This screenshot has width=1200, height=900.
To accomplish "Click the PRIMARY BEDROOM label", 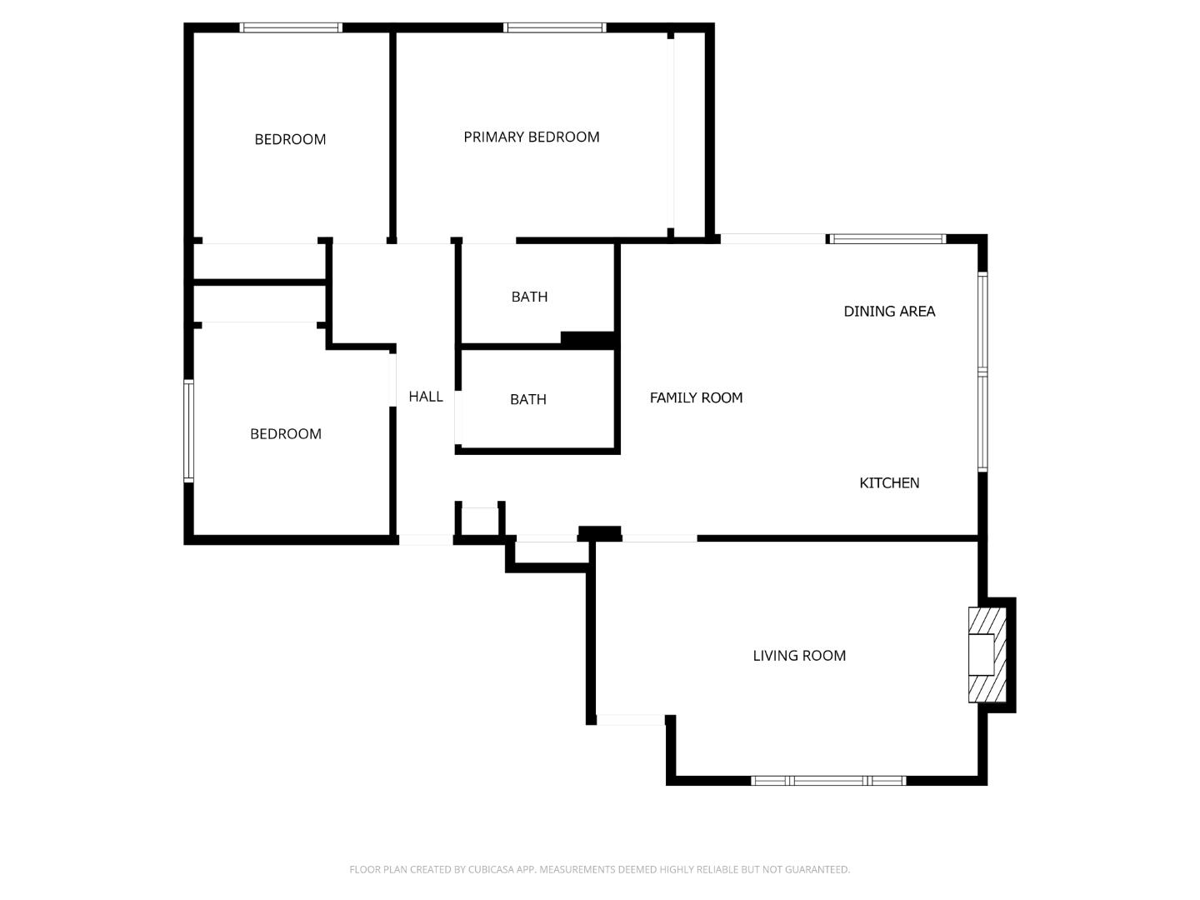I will pyautogui.click(x=532, y=137).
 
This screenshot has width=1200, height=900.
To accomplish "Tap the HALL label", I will pyautogui.click(x=426, y=397).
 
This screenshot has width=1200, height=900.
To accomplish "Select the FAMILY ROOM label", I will pyautogui.click(x=696, y=397).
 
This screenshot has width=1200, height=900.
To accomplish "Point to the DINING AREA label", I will pyautogui.click(x=889, y=311).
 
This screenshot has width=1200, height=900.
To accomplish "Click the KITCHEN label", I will pyautogui.click(x=889, y=482).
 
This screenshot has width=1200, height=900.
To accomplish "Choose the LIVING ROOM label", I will pyautogui.click(x=799, y=656).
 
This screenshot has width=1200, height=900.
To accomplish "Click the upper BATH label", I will pyautogui.click(x=529, y=297).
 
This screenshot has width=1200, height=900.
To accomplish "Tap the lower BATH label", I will pyautogui.click(x=528, y=399).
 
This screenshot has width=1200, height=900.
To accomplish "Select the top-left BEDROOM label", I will pyautogui.click(x=290, y=139).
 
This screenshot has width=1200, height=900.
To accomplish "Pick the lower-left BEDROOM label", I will pyautogui.click(x=286, y=433).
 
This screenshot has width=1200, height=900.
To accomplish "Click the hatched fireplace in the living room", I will pyautogui.click(x=987, y=655).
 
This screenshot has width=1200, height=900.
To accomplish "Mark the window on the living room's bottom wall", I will pyautogui.click(x=828, y=781).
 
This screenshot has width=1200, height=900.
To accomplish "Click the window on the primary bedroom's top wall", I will pyautogui.click(x=554, y=27).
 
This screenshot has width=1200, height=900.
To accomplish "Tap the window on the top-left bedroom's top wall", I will pyautogui.click(x=291, y=27).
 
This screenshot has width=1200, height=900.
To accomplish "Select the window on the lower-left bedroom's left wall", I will pyautogui.click(x=189, y=431).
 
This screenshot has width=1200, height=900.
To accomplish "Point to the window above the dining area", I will pyautogui.click(x=887, y=239).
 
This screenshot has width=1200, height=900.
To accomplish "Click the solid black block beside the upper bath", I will pyautogui.click(x=588, y=339).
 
